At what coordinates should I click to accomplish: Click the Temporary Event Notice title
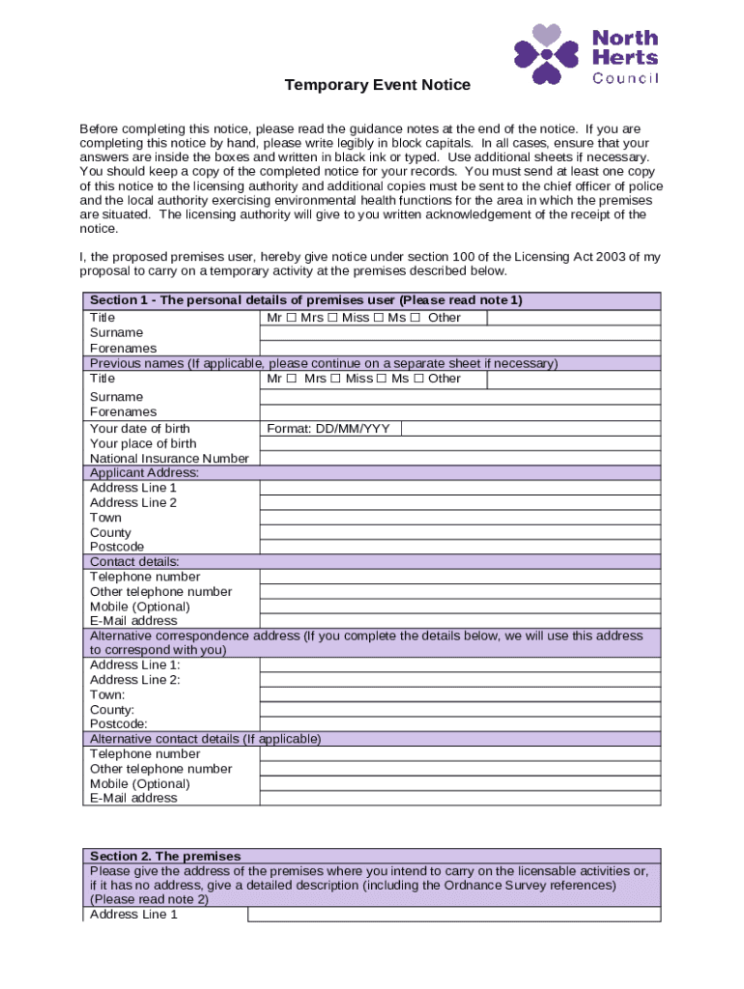click(377, 85)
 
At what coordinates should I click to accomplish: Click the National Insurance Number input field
click(460, 459)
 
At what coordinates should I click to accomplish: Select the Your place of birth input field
click(460, 443)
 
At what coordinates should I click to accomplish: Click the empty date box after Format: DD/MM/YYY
click(529, 428)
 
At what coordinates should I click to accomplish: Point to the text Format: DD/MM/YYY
click(328, 428)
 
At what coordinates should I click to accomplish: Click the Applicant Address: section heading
click(144, 473)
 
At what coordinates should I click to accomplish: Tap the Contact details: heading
click(134, 561)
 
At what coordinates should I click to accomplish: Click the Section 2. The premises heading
click(165, 856)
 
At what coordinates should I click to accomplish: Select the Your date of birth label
click(140, 428)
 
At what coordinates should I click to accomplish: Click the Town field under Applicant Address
click(460, 518)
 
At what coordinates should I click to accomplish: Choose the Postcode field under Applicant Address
click(460, 547)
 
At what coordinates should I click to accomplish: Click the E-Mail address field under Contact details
click(460, 620)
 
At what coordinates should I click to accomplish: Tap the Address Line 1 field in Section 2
click(454, 915)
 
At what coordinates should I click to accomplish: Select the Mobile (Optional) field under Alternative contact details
click(460, 783)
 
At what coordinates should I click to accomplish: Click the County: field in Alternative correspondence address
click(460, 709)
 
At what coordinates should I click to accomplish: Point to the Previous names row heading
click(324, 363)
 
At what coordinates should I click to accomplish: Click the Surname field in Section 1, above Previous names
click(460, 333)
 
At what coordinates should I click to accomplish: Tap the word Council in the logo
click(625, 79)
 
